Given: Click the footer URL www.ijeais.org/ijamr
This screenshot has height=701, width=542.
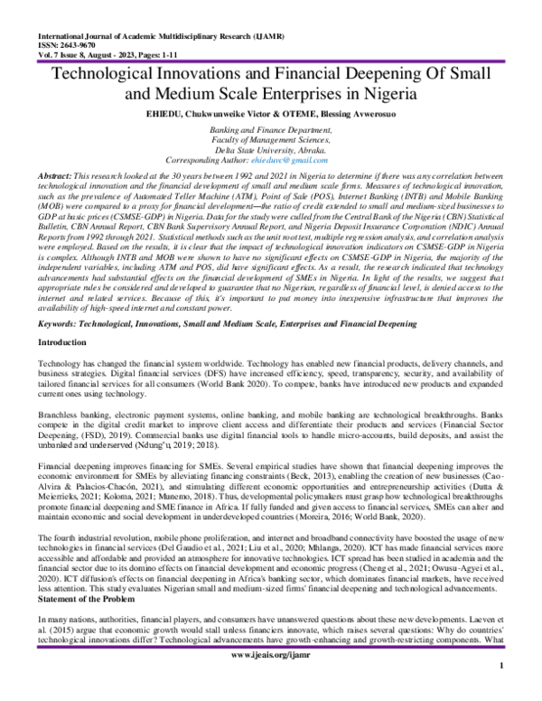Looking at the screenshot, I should [271, 676].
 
